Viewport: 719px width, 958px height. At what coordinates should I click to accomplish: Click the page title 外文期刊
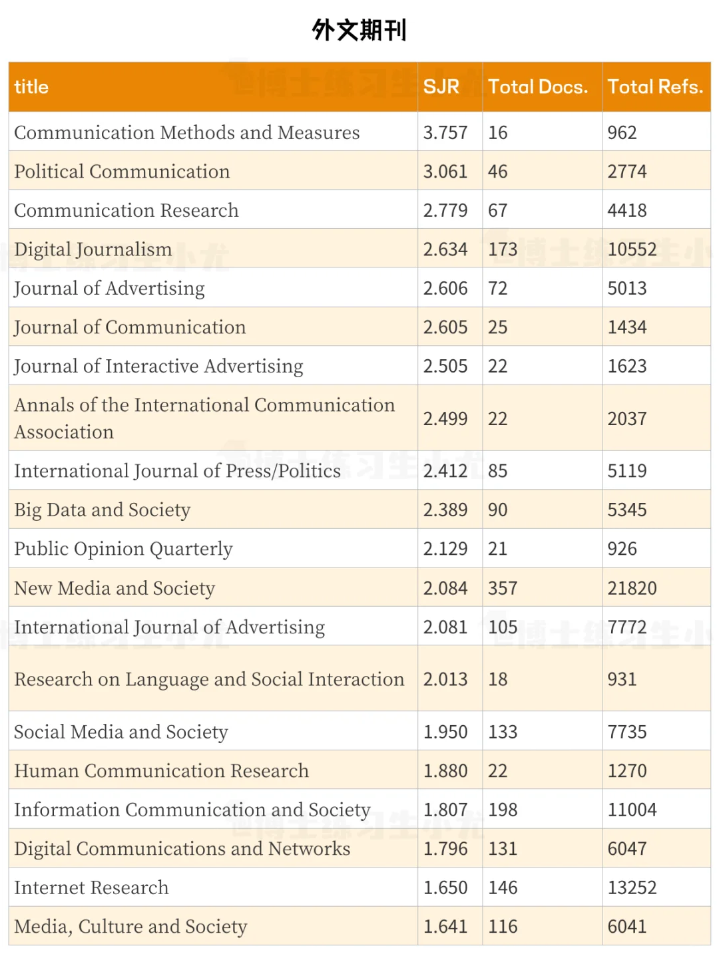[359, 31]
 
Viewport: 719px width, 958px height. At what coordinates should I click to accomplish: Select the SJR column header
[441, 87]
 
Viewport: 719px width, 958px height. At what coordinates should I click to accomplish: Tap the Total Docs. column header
[538, 87]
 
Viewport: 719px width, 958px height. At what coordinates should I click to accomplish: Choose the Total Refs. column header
[655, 87]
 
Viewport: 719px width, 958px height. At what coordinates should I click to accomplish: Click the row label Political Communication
[122, 172]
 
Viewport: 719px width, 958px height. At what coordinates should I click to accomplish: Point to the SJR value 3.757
[445, 133]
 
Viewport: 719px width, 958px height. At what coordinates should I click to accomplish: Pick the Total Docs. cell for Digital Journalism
[503, 249]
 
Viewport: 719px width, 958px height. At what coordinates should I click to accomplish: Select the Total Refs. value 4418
[627, 211]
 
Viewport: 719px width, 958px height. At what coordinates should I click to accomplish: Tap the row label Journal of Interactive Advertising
[158, 367]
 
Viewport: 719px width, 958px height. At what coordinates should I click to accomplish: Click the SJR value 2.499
[445, 419]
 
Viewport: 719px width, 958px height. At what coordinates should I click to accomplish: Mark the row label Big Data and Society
[103, 510]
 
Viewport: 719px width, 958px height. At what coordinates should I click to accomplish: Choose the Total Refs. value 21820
[632, 589]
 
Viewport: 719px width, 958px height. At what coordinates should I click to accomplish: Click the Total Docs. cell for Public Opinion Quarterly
[497, 549]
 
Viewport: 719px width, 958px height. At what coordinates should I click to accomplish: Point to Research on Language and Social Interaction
[209, 679]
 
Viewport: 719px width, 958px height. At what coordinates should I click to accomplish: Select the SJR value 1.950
[445, 732]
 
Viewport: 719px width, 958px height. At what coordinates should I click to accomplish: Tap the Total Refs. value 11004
[632, 810]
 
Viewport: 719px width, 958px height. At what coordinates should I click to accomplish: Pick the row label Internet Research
[91, 888]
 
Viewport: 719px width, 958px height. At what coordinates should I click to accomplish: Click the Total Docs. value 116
[503, 927]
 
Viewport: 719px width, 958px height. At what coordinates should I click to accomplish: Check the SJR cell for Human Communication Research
[445, 771]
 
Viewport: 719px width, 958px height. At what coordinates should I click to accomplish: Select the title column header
[31, 87]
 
